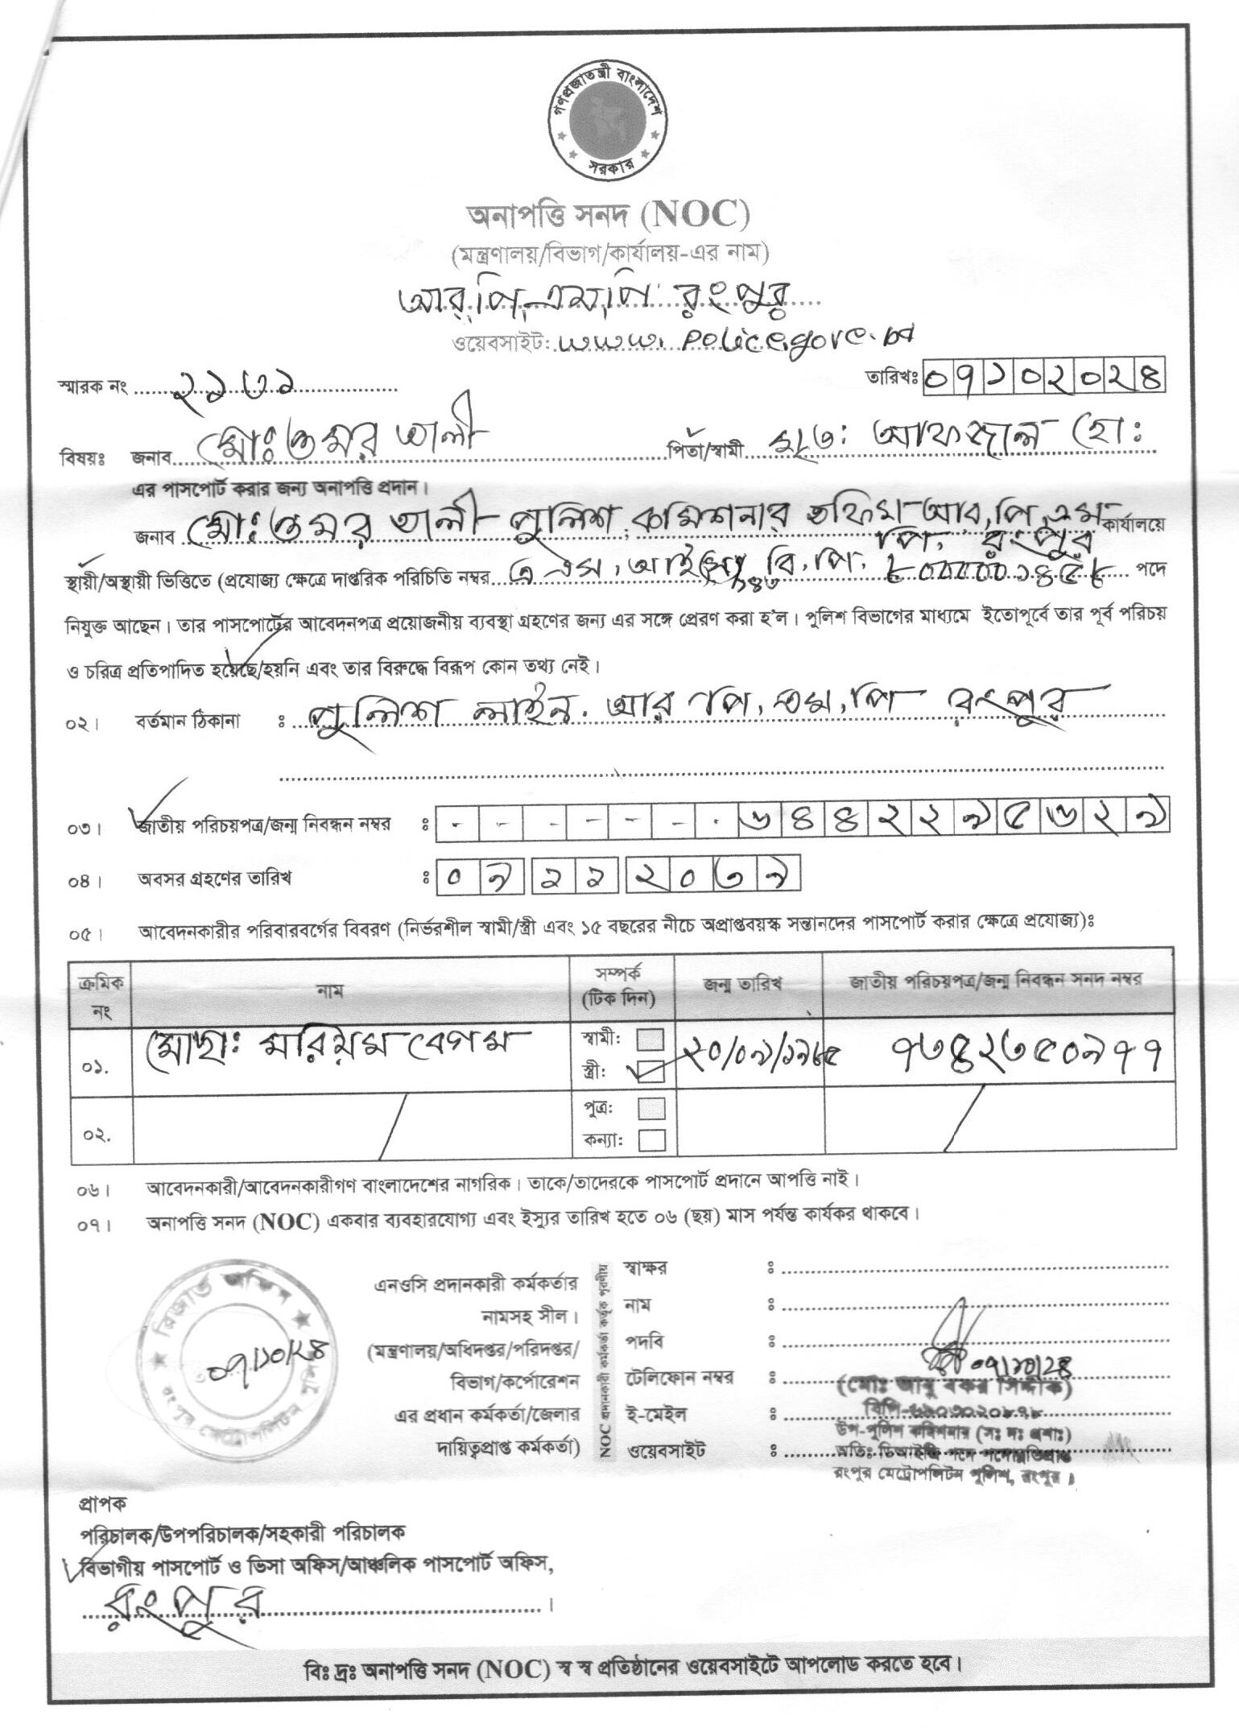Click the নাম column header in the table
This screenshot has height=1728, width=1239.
click(x=331, y=991)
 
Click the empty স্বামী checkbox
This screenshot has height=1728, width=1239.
click(x=650, y=1039)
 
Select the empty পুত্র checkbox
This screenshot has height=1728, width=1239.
click(x=651, y=1109)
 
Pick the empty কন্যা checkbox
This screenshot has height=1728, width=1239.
click(x=651, y=1140)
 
